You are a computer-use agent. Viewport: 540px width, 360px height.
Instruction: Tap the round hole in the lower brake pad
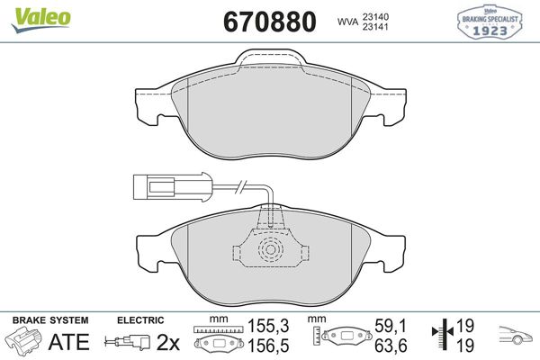(268, 252)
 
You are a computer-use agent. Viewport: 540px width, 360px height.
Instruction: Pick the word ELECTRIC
(140, 319)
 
